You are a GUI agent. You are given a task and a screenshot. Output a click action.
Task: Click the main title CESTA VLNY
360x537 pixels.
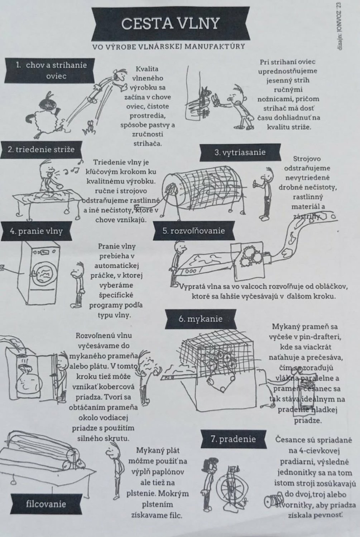(170, 24)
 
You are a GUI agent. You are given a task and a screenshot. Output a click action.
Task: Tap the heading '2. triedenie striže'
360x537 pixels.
(41, 150)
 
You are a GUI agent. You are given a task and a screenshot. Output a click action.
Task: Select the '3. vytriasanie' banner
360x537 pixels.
(240, 153)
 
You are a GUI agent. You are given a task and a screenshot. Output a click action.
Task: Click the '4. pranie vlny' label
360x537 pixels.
(36, 231)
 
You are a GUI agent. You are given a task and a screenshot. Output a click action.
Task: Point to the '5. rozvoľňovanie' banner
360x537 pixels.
(194, 231)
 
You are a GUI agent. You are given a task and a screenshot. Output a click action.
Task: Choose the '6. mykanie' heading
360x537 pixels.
(201, 319)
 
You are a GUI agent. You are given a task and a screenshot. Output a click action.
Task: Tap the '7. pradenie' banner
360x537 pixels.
(233, 439)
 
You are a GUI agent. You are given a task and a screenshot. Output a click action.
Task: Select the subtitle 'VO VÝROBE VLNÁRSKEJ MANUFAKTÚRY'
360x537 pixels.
(169, 47)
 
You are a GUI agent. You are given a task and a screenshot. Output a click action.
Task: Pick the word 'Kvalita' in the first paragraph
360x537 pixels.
(147, 69)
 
